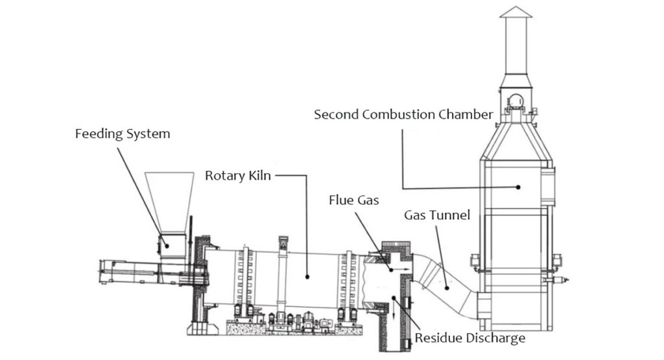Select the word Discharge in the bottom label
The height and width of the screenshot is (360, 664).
(x=493, y=338)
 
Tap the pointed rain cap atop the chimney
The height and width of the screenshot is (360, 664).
(x=516, y=12)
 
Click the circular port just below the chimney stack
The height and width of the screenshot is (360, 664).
(x=516, y=101)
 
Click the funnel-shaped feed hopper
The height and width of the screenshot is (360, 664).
(x=169, y=201)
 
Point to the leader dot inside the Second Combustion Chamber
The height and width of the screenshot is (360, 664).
(x=519, y=187)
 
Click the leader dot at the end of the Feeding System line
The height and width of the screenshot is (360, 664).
(x=165, y=245)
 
